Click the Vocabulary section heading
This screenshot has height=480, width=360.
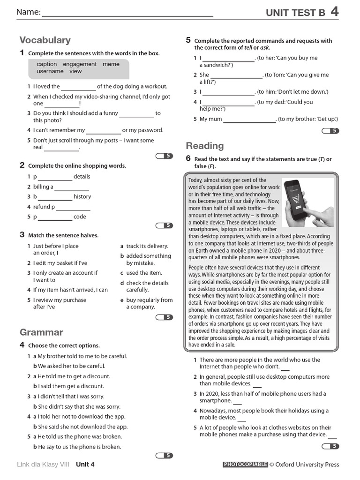[45, 40]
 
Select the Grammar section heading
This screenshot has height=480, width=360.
[41, 332]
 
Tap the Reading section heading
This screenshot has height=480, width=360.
[205, 146]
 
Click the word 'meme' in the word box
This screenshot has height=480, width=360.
[111, 64]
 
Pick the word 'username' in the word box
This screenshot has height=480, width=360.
[50, 72]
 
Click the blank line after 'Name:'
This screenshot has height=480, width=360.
[127, 14]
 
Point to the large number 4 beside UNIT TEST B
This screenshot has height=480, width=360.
[334, 12]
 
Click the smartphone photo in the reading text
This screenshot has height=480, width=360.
[307, 202]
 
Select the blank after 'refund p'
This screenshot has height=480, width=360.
[73, 208]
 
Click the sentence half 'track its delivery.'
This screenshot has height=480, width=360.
[147, 246]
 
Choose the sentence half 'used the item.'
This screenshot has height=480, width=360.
[144, 273]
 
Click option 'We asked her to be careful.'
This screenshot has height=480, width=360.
[72, 366]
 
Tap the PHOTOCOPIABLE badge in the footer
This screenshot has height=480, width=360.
[245, 465]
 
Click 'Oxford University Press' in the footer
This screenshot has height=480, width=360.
[307, 465]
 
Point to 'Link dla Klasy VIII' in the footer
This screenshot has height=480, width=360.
[43, 465]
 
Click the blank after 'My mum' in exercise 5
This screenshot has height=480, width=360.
[249, 120]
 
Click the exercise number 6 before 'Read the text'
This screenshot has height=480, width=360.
[188, 158]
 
